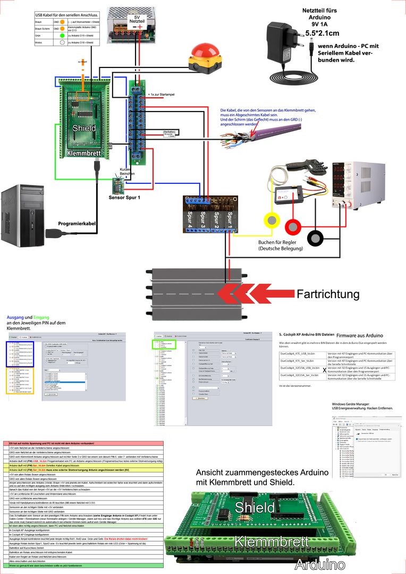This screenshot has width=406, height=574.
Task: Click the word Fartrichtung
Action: pos(328,294)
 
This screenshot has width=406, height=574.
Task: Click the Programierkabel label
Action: pos(77,224)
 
